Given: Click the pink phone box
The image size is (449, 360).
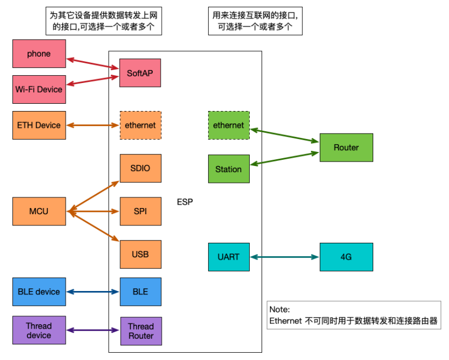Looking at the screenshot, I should click(39, 54).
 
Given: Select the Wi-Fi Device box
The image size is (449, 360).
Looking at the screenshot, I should click(39, 89).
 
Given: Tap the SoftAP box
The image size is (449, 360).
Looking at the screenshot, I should click(140, 73).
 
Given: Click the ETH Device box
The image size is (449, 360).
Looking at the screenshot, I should click(39, 125).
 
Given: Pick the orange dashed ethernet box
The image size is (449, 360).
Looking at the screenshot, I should click(140, 125).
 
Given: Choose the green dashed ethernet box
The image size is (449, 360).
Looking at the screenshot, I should click(229, 125).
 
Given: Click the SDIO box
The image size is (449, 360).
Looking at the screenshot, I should click(140, 168).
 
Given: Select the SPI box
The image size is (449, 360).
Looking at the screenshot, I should click(140, 211).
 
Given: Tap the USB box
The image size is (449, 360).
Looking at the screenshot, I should click(140, 255).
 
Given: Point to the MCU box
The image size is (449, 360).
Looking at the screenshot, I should click(39, 211).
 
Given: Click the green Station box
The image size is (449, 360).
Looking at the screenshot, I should click(229, 169).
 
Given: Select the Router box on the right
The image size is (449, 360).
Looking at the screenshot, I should click(346, 147).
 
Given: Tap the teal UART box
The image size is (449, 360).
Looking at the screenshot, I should click(229, 257).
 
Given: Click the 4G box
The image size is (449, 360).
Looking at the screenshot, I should click(346, 257).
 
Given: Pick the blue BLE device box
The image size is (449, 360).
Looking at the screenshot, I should click(39, 292).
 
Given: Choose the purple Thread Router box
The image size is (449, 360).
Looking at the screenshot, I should click(140, 331).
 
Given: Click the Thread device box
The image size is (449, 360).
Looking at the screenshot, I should click(39, 331).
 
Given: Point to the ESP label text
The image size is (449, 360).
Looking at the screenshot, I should click(185, 202).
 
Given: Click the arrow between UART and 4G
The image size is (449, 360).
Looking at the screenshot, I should click(285, 257).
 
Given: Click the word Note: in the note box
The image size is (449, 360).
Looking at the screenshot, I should click(279, 309).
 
